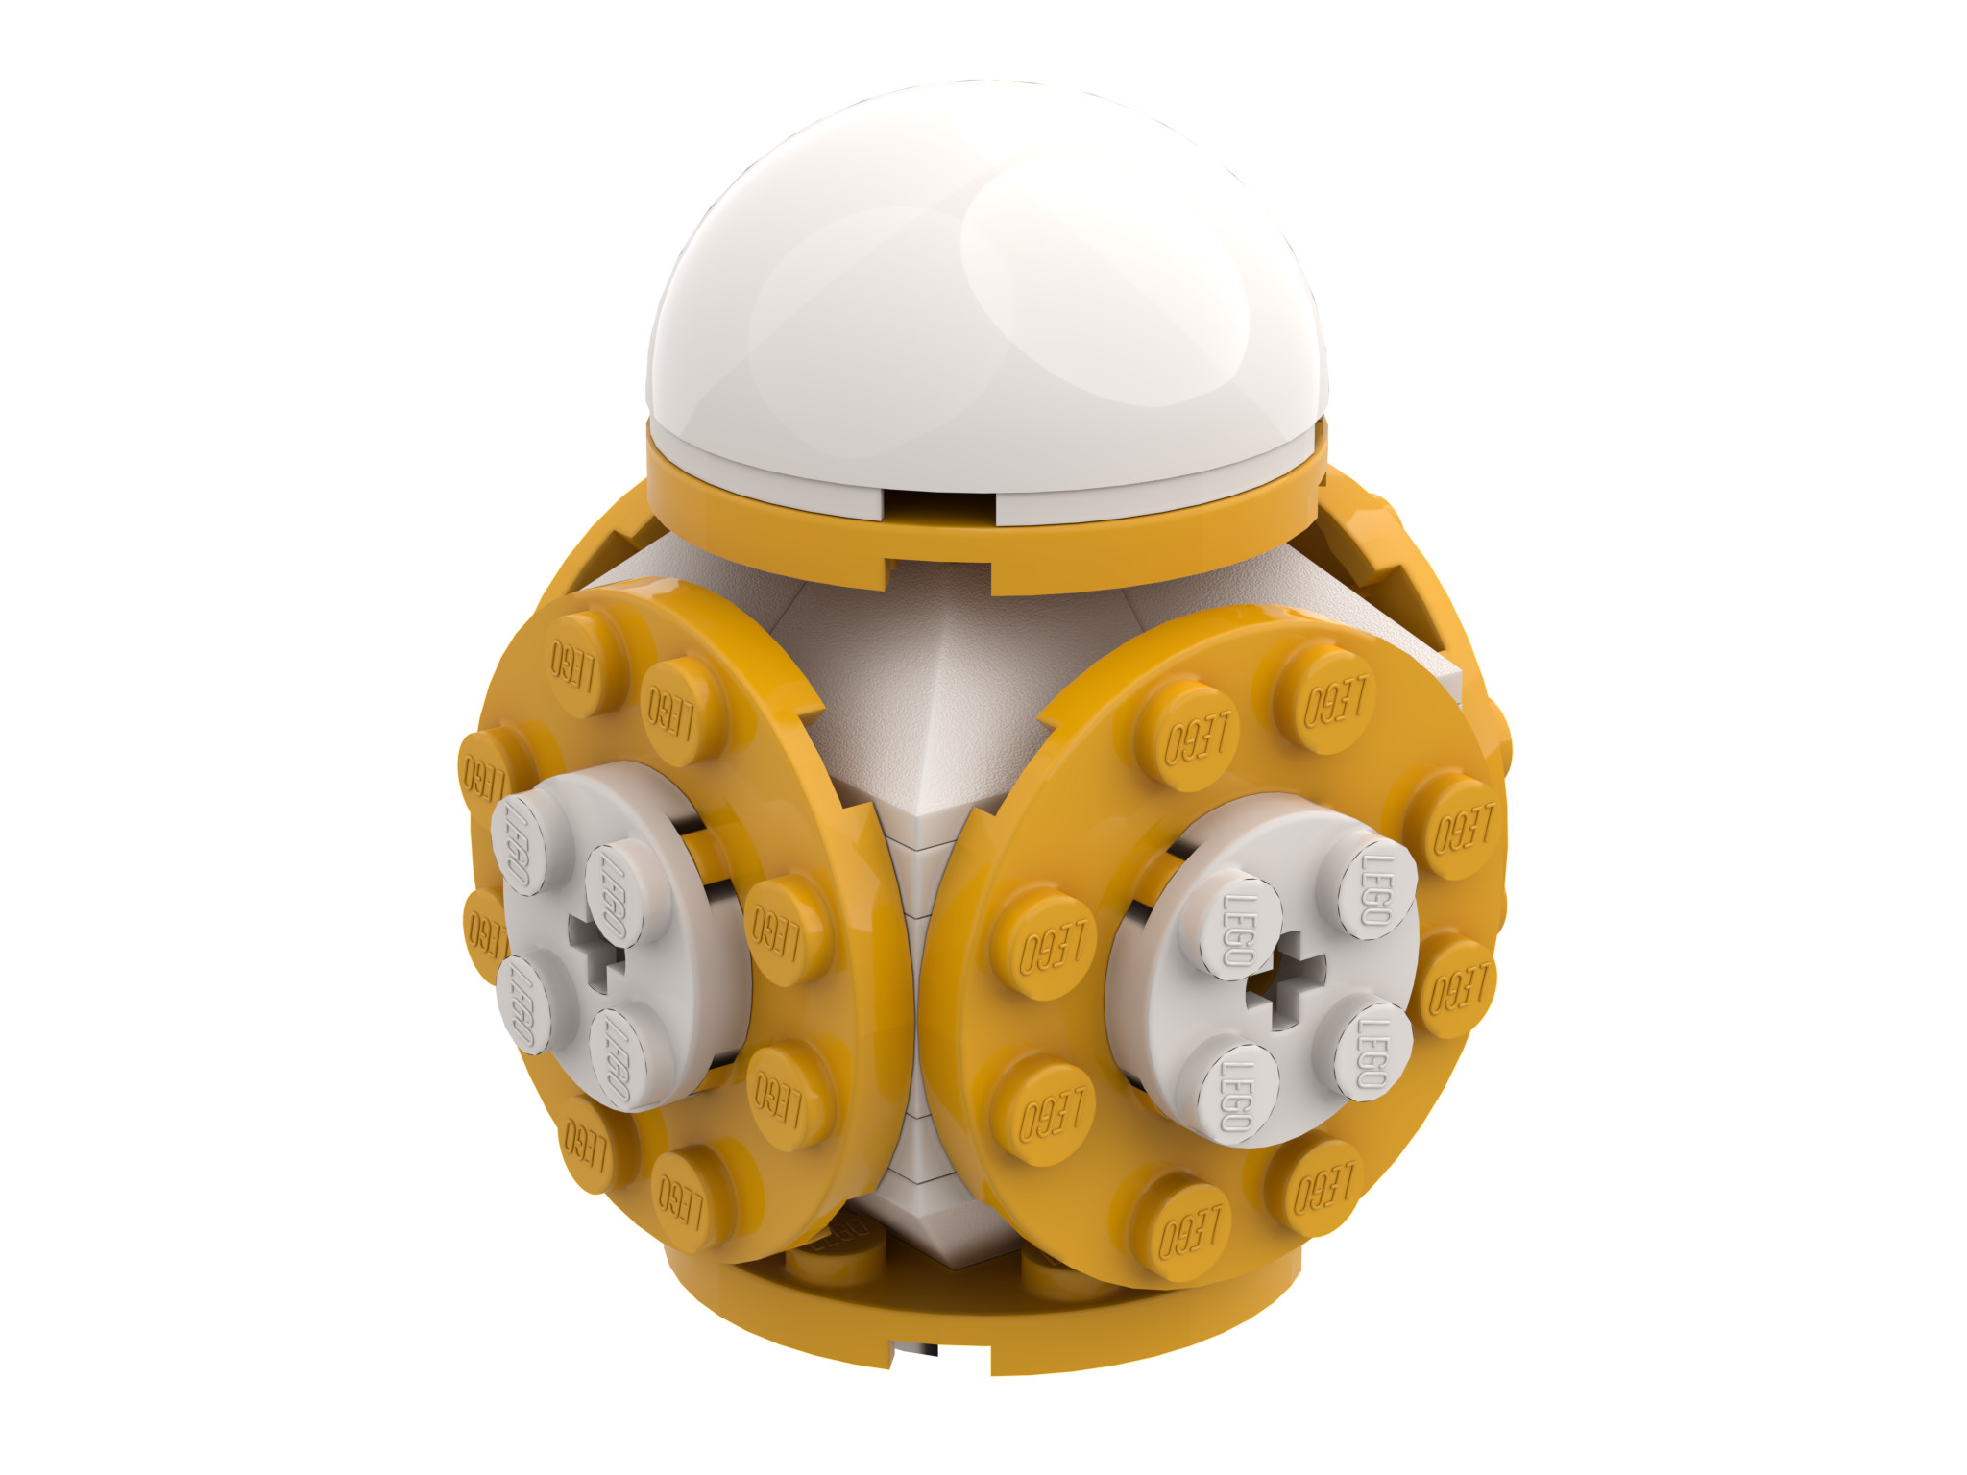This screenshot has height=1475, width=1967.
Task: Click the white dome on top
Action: [x=989, y=278]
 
